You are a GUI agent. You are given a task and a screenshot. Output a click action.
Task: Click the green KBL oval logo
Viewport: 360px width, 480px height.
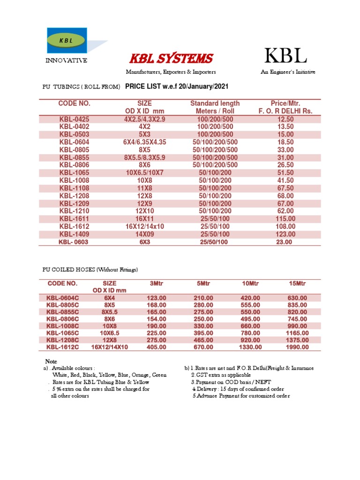tap(66, 40)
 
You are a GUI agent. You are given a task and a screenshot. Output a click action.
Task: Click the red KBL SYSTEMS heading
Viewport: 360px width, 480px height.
tap(171, 59)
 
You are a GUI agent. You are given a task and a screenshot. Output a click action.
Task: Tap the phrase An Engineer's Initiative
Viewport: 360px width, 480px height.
tap(288, 72)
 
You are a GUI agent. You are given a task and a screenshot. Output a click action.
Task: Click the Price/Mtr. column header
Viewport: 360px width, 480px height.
tap(285, 104)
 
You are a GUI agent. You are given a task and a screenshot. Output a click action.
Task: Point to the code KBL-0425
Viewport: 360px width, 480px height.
tap(74, 120)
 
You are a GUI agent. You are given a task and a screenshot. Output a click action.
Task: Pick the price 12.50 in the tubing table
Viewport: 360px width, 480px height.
tap(285, 120)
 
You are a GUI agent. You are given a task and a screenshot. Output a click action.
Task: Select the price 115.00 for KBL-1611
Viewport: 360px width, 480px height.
tap(285, 219)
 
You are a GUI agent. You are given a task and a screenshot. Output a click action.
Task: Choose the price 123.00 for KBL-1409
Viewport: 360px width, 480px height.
tap(285, 234)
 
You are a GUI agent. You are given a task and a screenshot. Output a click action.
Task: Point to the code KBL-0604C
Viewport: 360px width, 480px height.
tap(62, 298)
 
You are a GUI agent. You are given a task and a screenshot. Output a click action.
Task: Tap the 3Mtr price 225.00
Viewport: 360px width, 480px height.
tap(157, 333)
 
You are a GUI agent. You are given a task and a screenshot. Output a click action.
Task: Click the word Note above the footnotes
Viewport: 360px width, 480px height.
tap(50, 361)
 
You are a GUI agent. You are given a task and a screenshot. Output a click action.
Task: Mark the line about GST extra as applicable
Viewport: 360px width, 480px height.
tap(220, 375)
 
